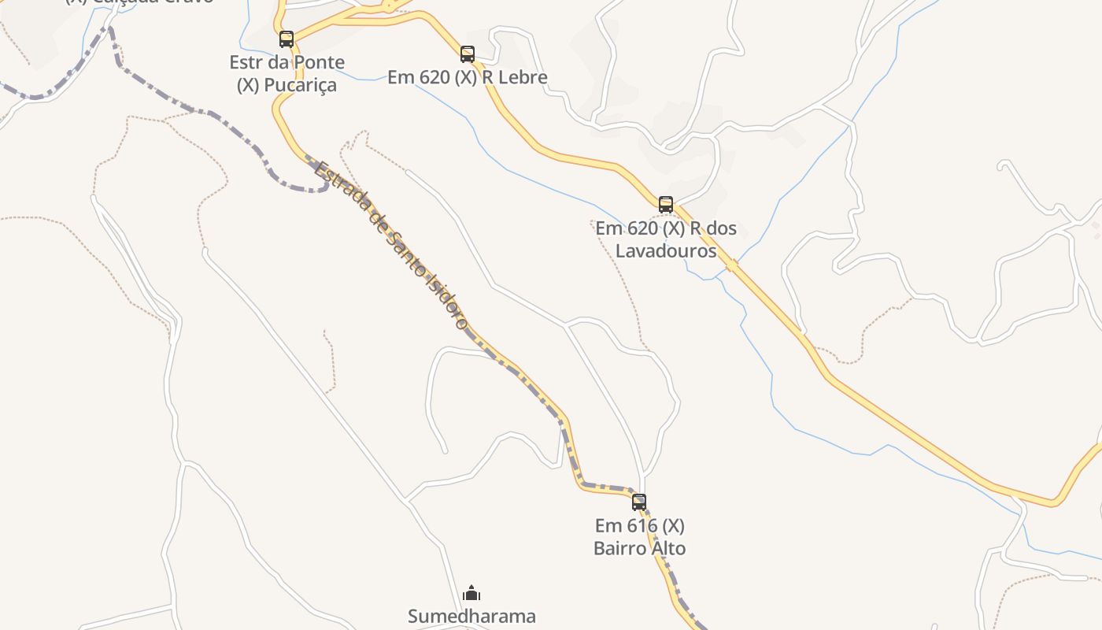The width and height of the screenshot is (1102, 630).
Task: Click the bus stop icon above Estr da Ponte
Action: click(287, 39)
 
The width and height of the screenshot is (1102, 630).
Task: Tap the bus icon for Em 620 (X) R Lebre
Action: click(468, 54)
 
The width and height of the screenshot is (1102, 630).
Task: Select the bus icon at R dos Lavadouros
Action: click(666, 205)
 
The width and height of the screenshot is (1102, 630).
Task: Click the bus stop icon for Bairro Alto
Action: click(639, 502)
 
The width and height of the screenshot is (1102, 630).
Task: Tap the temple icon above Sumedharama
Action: click(471, 593)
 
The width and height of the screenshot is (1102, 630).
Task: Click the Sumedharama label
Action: click(471, 616)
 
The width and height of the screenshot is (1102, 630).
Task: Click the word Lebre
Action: click(523, 77)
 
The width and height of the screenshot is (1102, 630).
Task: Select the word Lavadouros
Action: click(666, 251)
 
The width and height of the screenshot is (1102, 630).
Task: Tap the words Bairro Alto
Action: click(639, 548)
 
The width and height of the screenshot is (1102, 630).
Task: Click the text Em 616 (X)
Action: click(639, 525)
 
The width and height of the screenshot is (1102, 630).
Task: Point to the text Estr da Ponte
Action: click(287, 62)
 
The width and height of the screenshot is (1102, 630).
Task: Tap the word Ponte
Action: click(320, 62)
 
